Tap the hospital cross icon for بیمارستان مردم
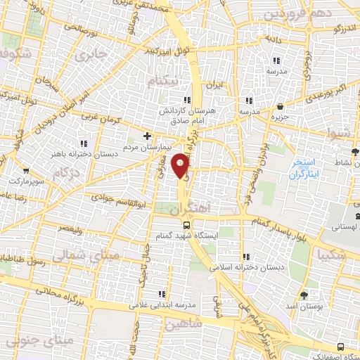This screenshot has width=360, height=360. (147, 135)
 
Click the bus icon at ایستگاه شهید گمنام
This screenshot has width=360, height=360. (186, 225)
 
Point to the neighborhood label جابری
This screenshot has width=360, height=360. (93, 53)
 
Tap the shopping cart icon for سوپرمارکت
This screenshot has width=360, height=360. (26, 171)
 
